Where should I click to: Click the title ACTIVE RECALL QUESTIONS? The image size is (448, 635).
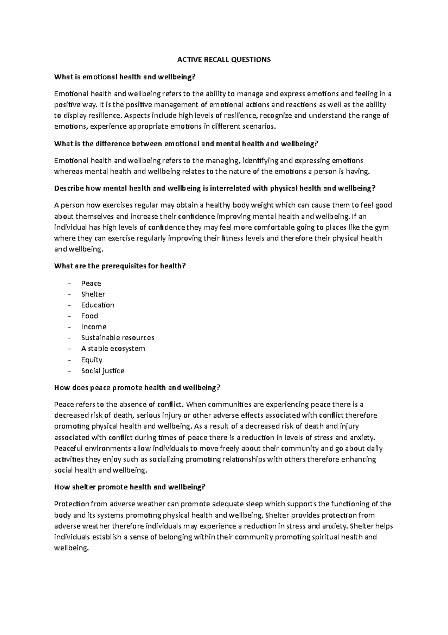tap(224, 60)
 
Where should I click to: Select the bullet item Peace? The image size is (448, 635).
tap(91, 283)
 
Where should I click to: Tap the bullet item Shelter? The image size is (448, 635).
tap(93, 294)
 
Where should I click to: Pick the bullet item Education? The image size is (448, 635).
tap(98, 305)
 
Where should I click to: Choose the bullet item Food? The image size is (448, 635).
tap(90, 316)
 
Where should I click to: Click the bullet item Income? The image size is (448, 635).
tap(94, 327)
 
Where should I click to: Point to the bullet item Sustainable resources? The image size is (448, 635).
tap(118, 338)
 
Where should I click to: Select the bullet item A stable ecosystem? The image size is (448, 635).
tap(113, 349)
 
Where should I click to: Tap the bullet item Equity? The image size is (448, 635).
tap(92, 360)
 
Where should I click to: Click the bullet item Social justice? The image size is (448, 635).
tap(103, 371)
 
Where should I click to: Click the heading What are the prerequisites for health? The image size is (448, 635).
tap(120, 266)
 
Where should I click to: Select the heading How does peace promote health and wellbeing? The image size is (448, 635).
tap(137, 388)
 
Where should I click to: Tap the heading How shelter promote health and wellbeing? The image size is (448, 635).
tap(130, 487)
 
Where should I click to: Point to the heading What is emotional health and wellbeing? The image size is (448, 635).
tap(125, 77)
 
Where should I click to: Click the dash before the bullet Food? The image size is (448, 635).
tap(69, 316)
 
